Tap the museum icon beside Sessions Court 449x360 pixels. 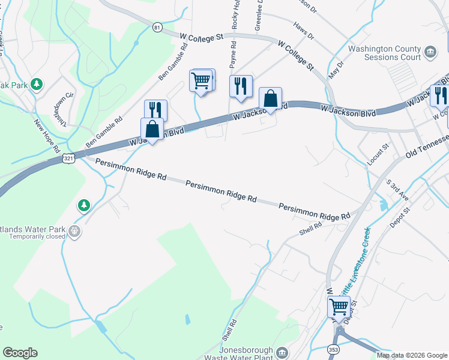click(x=430, y=53)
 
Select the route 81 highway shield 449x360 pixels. click(x=157, y=28)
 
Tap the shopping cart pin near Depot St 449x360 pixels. click(x=339, y=307)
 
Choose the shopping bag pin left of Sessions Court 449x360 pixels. click(x=271, y=98)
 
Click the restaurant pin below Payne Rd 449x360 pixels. click(x=241, y=86)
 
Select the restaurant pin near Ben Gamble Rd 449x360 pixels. click(x=155, y=110)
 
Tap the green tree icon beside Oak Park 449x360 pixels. click(x=37, y=84)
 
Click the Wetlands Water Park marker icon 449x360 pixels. click(x=74, y=230)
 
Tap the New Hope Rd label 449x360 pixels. click(x=47, y=136)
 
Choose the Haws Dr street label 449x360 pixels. click(x=304, y=31)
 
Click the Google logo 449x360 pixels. click(x=20, y=353)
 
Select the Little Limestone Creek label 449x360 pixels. click(x=354, y=261)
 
